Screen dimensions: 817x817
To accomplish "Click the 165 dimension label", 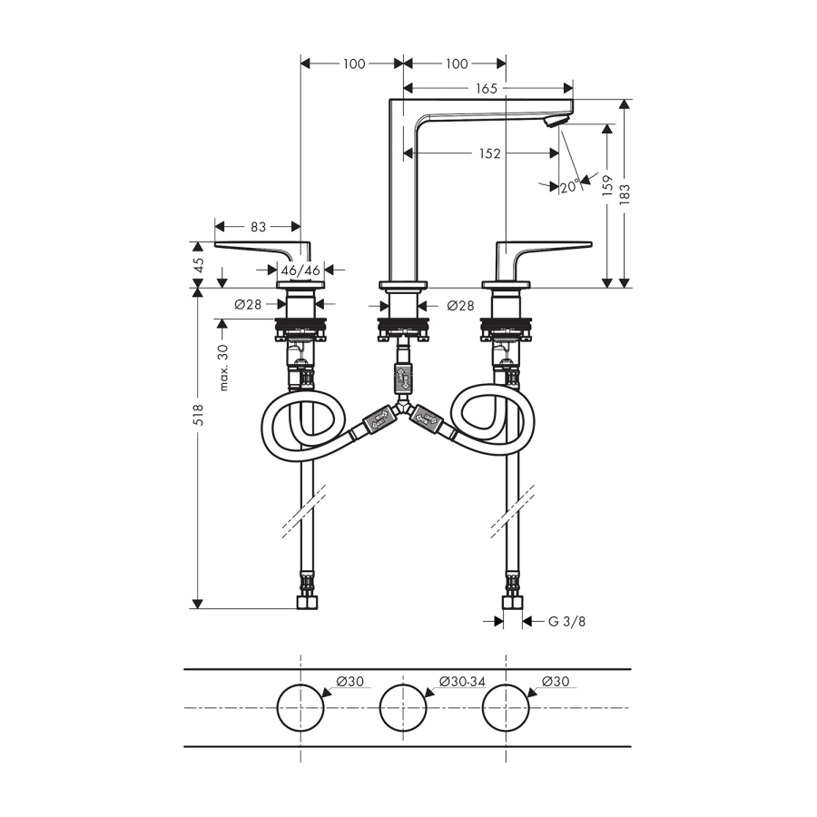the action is point(487,89).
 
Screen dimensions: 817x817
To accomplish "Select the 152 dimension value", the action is point(490,153).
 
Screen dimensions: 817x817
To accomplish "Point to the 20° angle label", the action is point(570,186).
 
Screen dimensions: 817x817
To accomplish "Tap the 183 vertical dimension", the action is point(625,193).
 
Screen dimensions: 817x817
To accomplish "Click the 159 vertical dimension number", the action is point(607,185).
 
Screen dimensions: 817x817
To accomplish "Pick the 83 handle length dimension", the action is point(258,227).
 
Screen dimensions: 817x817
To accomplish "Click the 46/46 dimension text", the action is point(300,271).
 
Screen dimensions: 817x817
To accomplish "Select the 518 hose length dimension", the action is point(199,415).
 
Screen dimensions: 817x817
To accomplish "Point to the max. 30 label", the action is point(223,368).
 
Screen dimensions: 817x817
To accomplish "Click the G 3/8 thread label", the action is point(566,621).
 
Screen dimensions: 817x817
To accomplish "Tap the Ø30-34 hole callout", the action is point(463,681).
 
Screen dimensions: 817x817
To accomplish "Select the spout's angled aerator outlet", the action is point(554,122).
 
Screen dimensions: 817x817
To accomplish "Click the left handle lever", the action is point(262,251).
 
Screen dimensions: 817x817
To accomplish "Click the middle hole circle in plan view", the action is point(403,707).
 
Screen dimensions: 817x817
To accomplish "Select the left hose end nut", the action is point(307,603).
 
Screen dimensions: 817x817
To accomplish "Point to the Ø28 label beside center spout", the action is point(460,305).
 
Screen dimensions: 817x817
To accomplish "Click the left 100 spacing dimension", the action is point(354,64).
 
